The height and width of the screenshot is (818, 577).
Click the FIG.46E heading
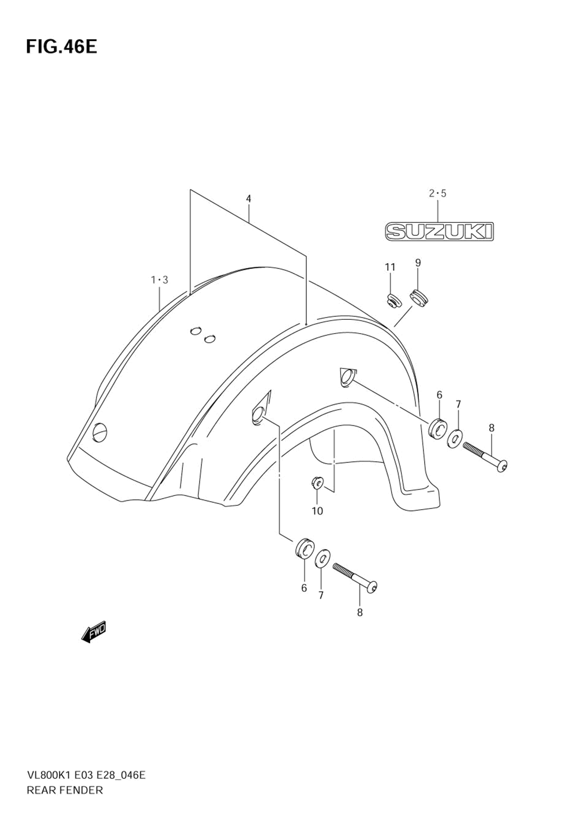[x=61, y=46]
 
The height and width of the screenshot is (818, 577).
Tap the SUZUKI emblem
[x=439, y=231]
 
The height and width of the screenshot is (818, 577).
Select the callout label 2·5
[x=437, y=194]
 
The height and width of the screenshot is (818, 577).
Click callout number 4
[x=248, y=199]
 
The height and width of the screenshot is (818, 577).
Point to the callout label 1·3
[x=159, y=281]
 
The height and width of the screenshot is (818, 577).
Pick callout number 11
[x=391, y=267]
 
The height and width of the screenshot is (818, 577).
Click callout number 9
[x=418, y=263]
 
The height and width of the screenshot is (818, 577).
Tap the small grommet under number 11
[x=393, y=300]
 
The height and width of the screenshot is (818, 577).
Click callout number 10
[x=317, y=511]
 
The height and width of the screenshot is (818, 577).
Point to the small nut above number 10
[x=317, y=481]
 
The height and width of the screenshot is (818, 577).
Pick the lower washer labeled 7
[x=323, y=558]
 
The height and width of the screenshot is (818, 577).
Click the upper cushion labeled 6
[x=438, y=427]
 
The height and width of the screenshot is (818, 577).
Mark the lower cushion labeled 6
[x=304, y=548]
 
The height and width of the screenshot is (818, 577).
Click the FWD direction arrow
[x=94, y=633]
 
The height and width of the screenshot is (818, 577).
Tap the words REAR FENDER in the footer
[x=65, y=790]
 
